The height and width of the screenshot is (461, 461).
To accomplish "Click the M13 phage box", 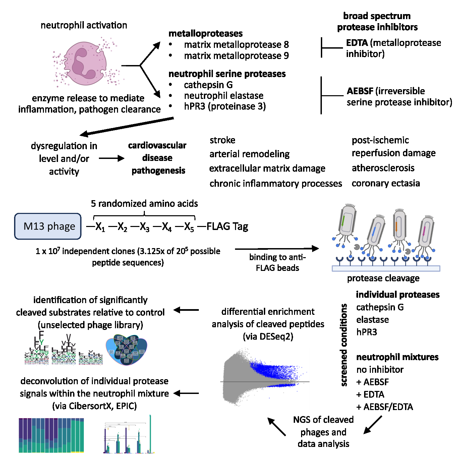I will pos(48,226).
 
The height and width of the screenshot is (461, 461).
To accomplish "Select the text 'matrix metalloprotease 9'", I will pos(236,56).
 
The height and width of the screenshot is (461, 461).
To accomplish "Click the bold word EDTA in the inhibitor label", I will pos(357,43).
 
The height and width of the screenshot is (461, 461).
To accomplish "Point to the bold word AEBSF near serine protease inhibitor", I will pos(360,91).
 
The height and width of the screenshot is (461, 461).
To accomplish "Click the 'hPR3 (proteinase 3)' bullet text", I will pos(225,107).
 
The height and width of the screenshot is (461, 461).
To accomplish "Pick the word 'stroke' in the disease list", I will pos(222,140).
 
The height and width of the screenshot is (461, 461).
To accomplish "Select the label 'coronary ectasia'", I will pos(386,183).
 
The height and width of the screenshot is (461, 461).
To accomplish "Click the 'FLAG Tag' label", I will pos(227,227).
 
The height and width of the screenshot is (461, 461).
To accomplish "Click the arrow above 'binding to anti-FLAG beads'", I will pos(277,249).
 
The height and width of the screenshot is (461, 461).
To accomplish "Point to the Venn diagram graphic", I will pos(126,349).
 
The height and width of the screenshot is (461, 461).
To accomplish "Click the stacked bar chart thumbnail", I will pos(51,435).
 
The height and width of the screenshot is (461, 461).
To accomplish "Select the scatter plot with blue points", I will pos(265,377).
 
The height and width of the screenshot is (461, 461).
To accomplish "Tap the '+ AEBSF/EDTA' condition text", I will pos(385,407).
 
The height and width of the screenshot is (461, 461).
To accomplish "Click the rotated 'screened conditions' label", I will pos(344,345).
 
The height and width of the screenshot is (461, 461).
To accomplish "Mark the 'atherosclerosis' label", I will pos(383,168).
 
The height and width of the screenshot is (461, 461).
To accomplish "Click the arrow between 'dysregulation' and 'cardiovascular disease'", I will pos(111,158).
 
